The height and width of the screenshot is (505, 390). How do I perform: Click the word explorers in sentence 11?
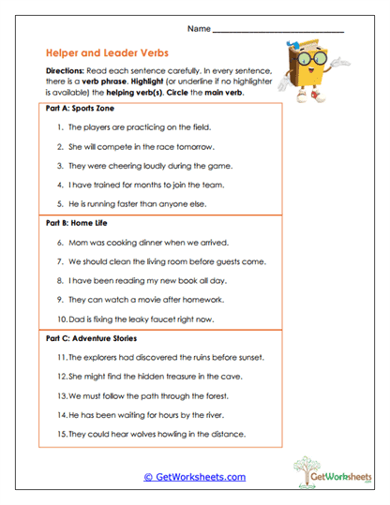tap(102, 357)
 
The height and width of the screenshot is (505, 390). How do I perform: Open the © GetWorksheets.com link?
tap(195, 476)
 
